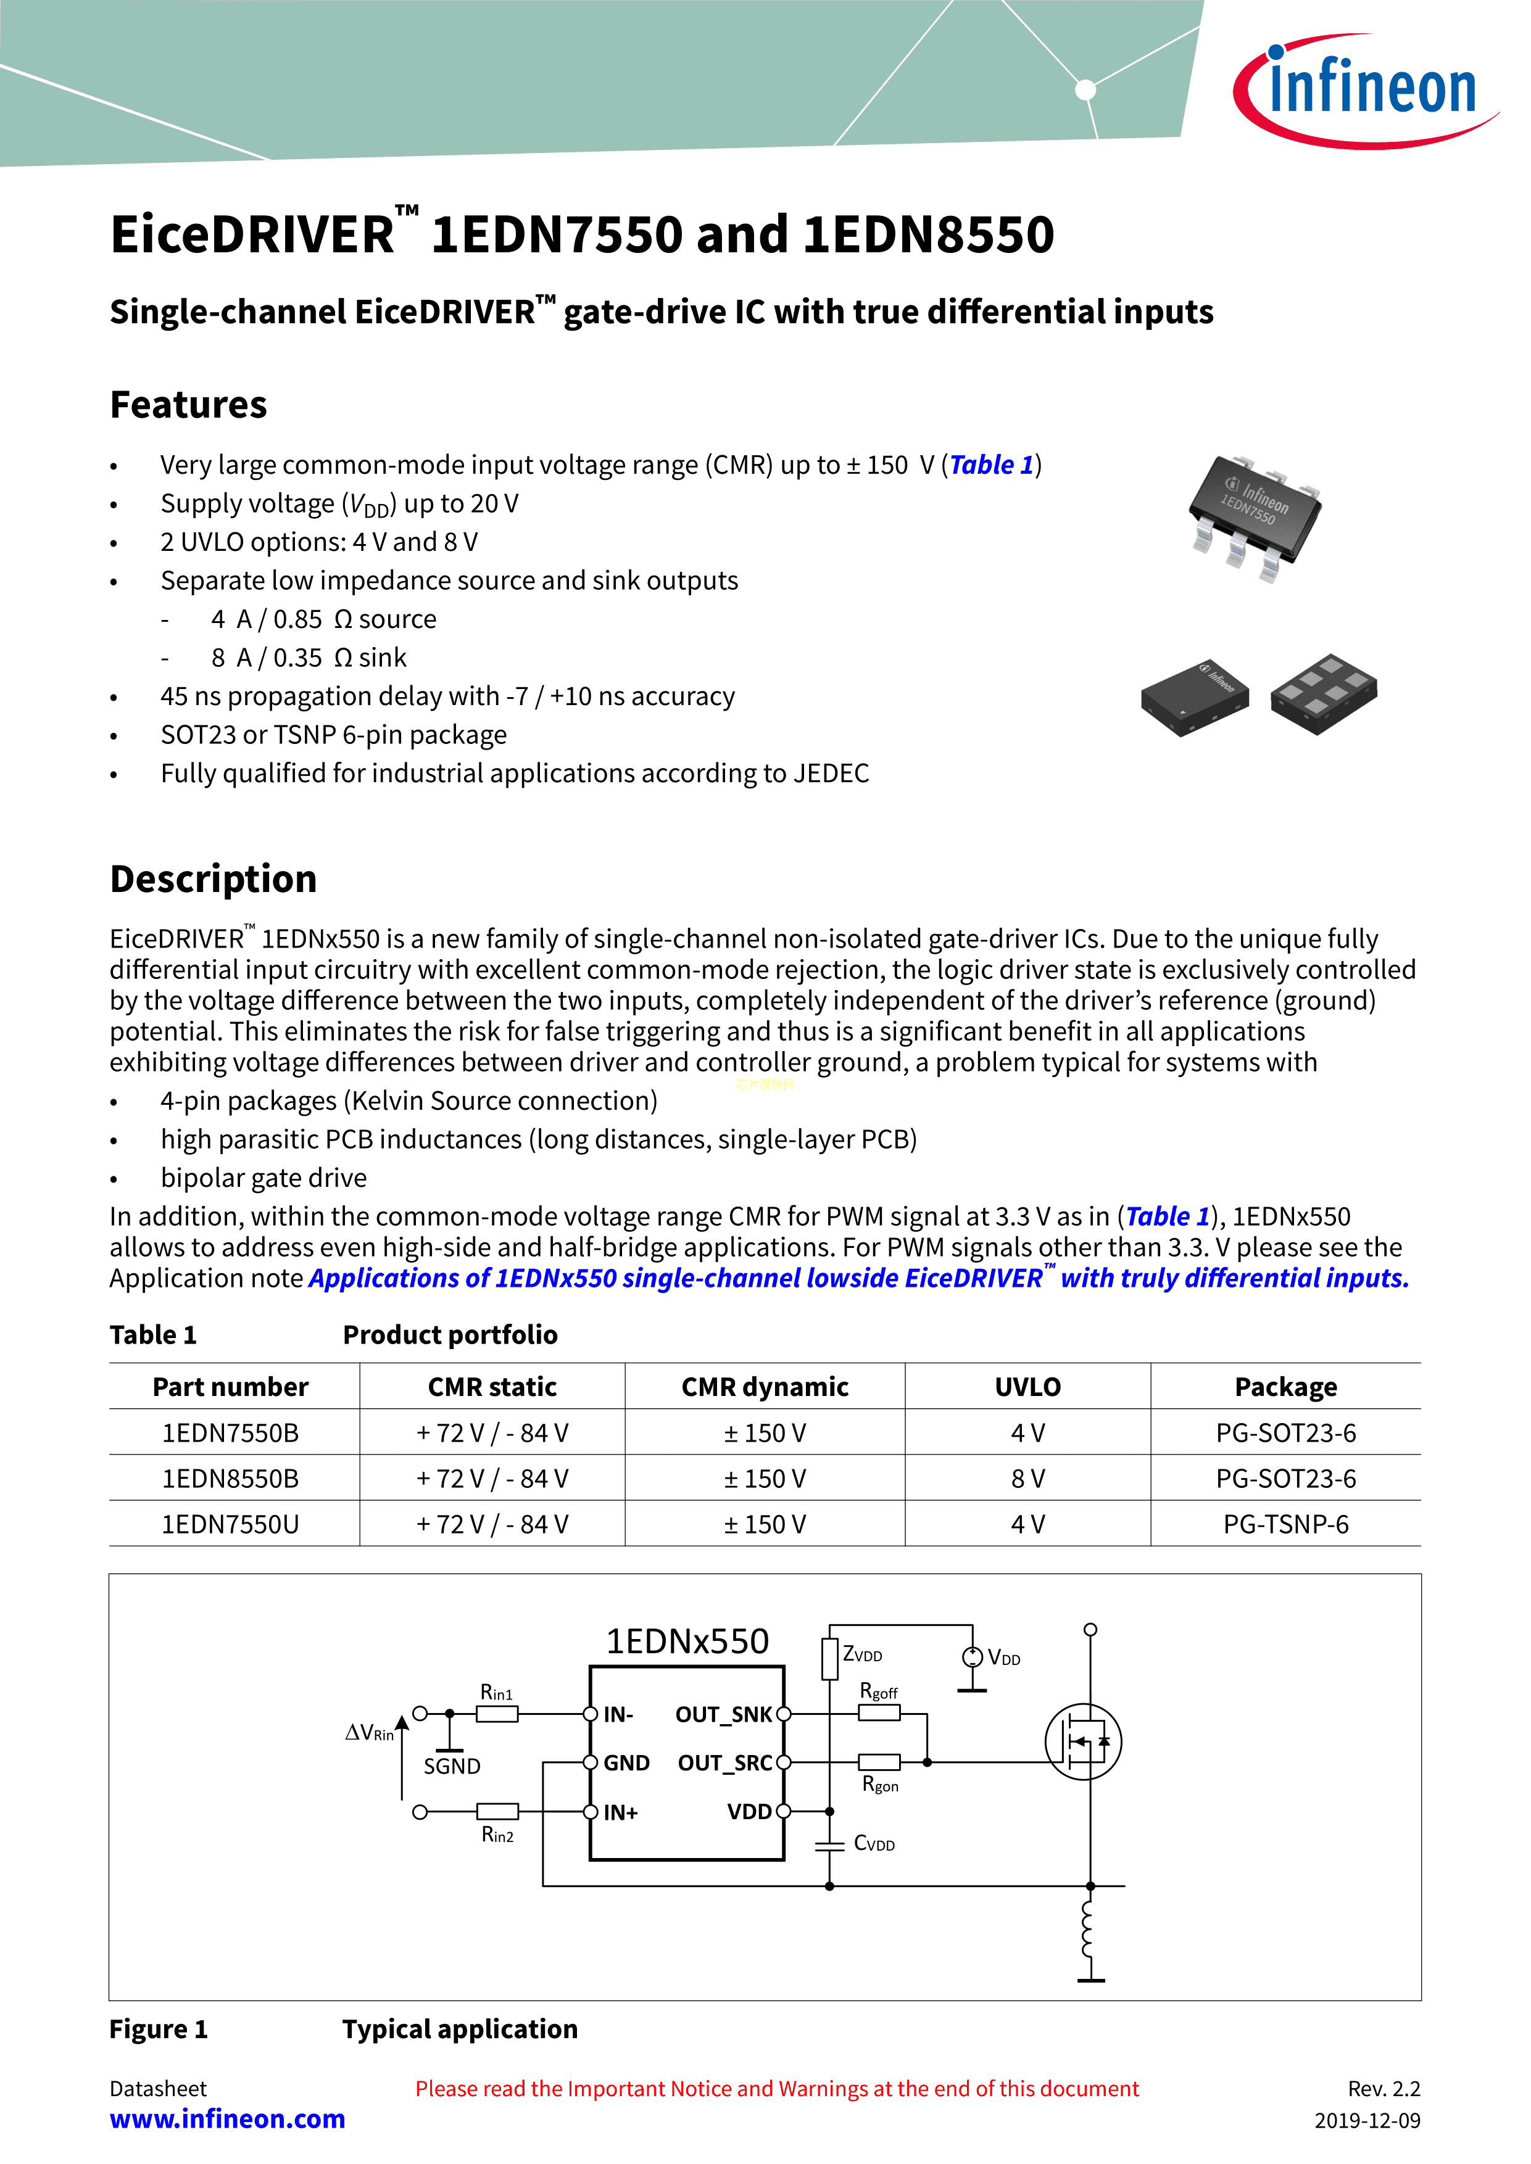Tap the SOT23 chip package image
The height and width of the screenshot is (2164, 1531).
[1255, 514]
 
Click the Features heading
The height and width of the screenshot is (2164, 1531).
[189, 404]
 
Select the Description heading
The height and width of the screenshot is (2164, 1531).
[213, 878]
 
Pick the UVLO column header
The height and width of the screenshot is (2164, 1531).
[1027, 1387]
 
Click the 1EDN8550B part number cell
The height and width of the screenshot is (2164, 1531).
[230, 1478]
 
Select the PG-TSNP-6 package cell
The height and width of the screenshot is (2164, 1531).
[1286, 1524]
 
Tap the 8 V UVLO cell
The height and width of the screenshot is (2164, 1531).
[1027, 1478]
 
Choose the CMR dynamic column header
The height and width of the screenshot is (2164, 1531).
[765, 1387]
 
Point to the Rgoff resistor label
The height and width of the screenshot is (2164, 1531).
[879, 1692]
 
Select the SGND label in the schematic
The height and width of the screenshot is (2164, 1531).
[452, 1766]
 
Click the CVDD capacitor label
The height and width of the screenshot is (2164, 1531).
[874, 1844]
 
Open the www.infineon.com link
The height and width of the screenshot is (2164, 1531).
[227, 2119]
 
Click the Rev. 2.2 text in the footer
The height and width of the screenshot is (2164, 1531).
[1383, 2089]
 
